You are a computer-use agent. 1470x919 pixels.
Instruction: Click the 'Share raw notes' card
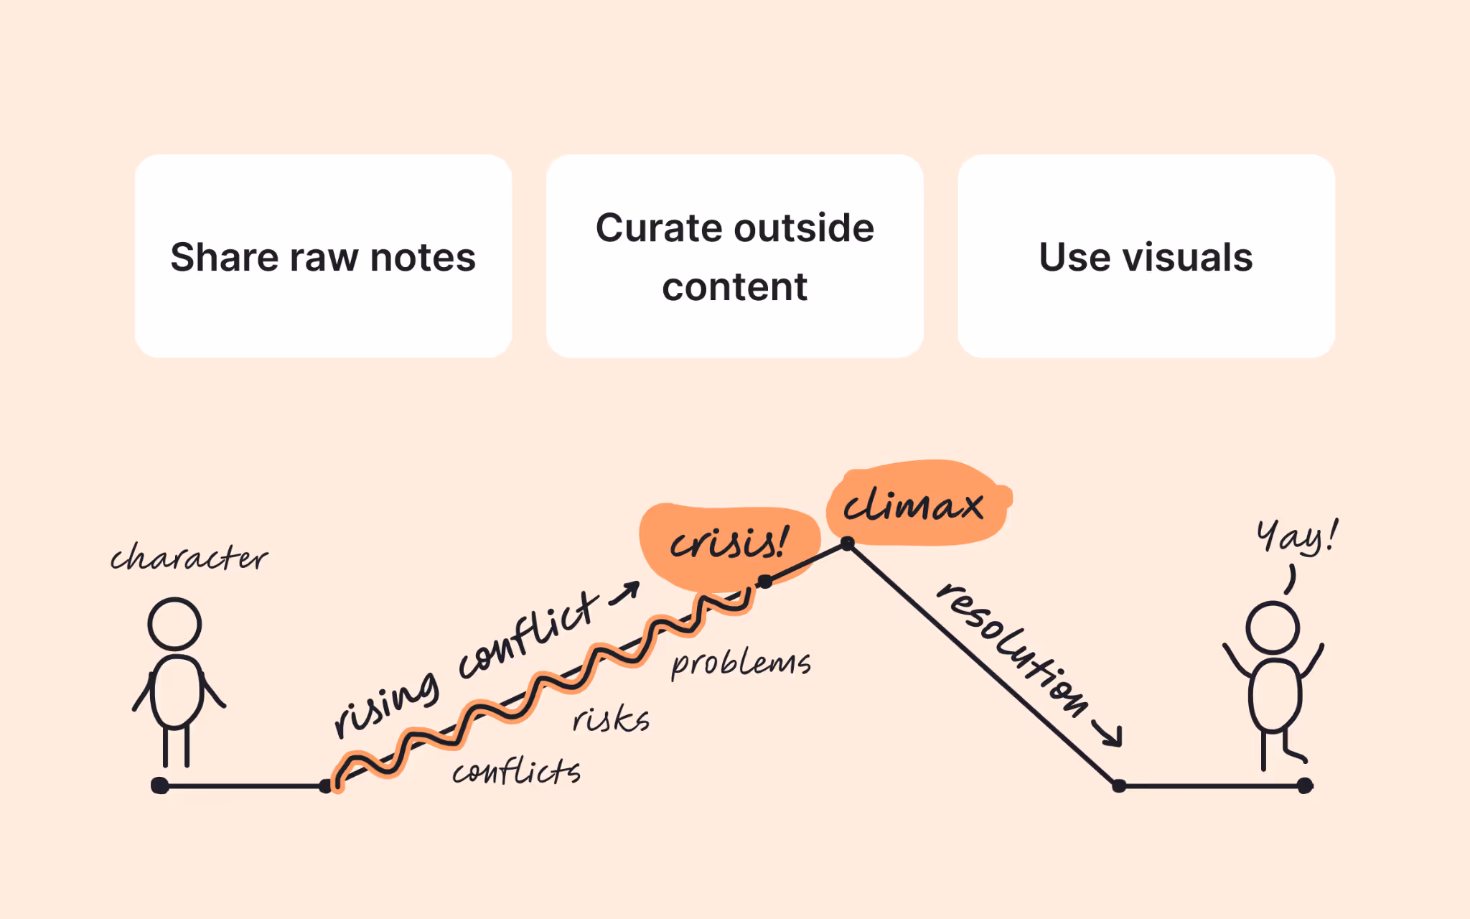pos(323,256)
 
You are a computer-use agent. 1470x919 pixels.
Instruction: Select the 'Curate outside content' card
pos(734,256)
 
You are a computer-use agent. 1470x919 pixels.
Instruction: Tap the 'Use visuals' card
pos(1146,256)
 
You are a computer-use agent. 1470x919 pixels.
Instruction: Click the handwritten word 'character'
pos(189,558)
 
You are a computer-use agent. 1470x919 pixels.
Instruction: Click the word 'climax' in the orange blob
pos(913,505)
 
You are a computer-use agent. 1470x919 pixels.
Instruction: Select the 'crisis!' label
pos(729,544)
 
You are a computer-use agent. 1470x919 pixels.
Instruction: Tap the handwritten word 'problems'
pos(741,663)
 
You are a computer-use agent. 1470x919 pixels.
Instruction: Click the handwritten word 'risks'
pos(611,719)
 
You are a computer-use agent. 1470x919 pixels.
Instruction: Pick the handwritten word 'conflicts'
pos(516,773)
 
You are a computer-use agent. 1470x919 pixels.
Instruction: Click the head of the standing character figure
pos(174,624)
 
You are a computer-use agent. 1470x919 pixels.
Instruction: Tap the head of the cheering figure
pos(1272,628)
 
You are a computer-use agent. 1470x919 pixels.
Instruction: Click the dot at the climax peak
pos(848,544)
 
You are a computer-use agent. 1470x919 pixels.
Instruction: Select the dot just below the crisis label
pos(765,582)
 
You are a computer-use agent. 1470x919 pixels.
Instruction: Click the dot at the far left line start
pos(160,785)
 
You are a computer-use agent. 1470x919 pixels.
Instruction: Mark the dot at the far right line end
pos(1305,785)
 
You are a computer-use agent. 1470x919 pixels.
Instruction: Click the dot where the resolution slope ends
pos(1118,785)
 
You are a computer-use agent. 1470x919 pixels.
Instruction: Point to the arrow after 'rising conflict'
pos(624,593)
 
